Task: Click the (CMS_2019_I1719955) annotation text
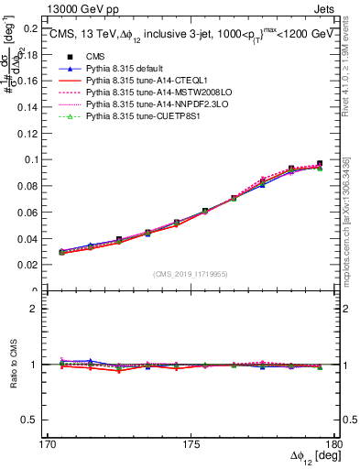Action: tap(190, 274)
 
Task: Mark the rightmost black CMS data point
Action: tap(320, 164)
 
